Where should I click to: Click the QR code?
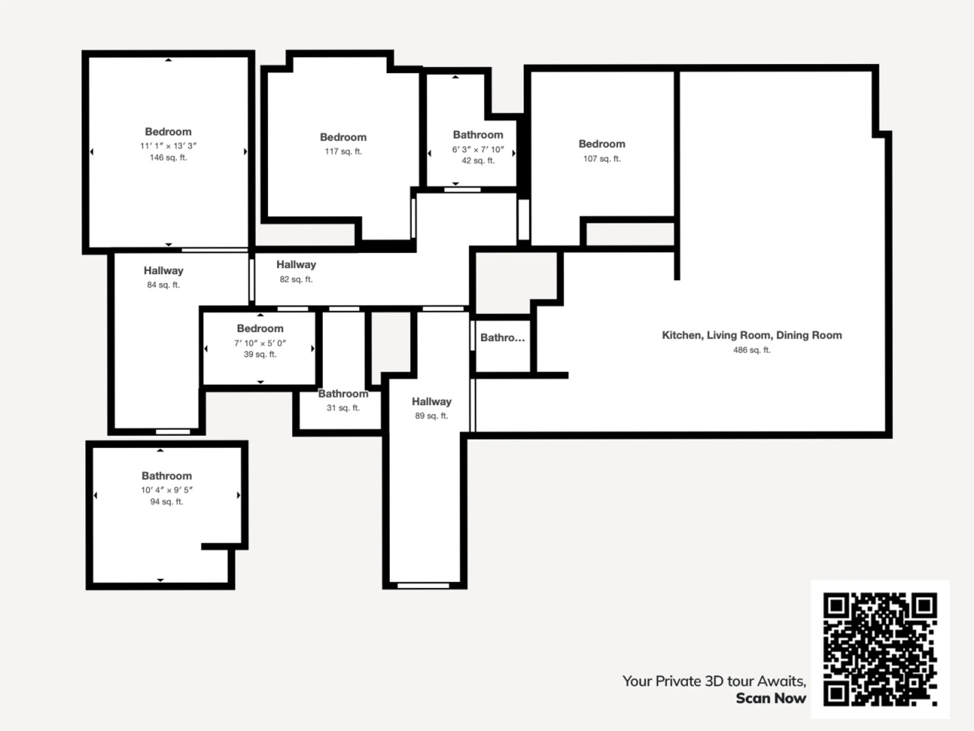[x=880, y=650]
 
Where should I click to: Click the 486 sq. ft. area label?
[x=752, y=350]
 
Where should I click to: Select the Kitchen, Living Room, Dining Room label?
[x=752, y=335]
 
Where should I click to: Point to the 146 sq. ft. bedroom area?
[x=168, y=157]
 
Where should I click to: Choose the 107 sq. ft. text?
[x=602, y=159]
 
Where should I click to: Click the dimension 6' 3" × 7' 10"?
[x=478, y=149]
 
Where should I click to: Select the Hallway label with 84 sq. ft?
[x=163, y=271]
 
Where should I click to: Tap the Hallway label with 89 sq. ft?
[x=431, y=401]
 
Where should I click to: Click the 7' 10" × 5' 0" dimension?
[x=260, y=343]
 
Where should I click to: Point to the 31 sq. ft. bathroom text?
[x=343, y=408]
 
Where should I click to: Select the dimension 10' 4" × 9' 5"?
[x=167, y=490]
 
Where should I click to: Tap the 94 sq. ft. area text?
[x=166, y=502]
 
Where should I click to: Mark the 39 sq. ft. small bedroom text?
[x=260, y=354]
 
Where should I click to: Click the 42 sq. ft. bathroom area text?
[x=478, y=161]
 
